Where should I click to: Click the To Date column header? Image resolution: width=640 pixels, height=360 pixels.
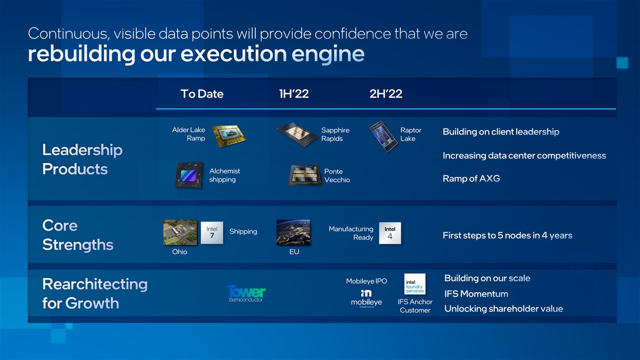pyautogui.click(x=202, y=94)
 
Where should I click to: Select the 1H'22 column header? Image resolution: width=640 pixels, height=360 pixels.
pyautogui.click(x=294, y=94)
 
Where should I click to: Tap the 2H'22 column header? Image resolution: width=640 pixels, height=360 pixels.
pyautogui.click(x=386, y=94)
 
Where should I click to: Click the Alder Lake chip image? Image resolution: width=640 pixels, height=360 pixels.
pyautogui.click(x=229, y=136)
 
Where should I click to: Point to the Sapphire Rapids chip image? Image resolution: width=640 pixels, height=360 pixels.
pyautogui.click(x=297, y=134)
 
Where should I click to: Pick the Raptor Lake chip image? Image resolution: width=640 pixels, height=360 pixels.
pyautogui.click(x=383, y=137)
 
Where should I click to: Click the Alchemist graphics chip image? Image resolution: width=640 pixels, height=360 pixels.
pyautogui.click(x=189, y=175)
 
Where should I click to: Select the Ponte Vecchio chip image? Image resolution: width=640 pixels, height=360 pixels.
pyautogui.click(x=305, y=175)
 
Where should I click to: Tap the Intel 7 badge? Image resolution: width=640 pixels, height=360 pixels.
pyautogui.click(x=212, y=233)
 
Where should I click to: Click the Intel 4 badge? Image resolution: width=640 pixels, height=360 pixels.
pyautogui.click(x=390, y=233)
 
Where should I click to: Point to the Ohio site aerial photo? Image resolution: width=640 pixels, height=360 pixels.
pyautogui.click(x=180, y=233)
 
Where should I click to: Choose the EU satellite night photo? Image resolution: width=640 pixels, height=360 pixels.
pyautogui.click(x=293, y=233)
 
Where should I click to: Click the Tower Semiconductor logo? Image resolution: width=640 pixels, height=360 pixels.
pyautogui.click(x=246, y=293)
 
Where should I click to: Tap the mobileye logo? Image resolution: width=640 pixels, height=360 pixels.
pyautogui.click(x=366, y=299)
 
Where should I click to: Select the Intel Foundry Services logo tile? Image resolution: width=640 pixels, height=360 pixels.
pyautogui.click(x=415, y=284)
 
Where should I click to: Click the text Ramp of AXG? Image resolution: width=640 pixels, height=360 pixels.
pyautogui.click(x=471, y=179)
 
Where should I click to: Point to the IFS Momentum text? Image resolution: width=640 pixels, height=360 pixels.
pyautogui.click(x=476, y=294)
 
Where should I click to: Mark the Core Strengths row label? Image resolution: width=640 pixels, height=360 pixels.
pyautogui.click(x=78, y=235)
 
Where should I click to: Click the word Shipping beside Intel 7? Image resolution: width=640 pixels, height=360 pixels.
pyautogui.click(x=243, y=231)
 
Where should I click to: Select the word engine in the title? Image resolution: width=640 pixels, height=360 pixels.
pyautogui.click(x=328, y=54)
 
